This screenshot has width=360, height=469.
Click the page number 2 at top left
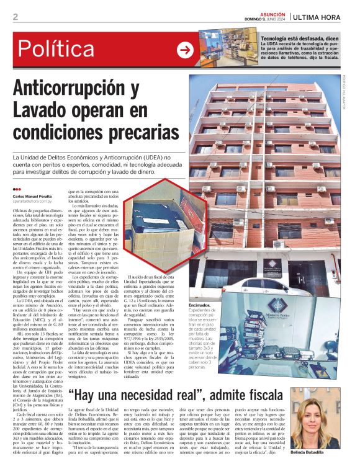tap(15, 17)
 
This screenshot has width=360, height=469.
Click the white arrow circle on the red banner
tap(185, 50)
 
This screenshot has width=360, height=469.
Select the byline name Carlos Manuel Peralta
tap(35, 197)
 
